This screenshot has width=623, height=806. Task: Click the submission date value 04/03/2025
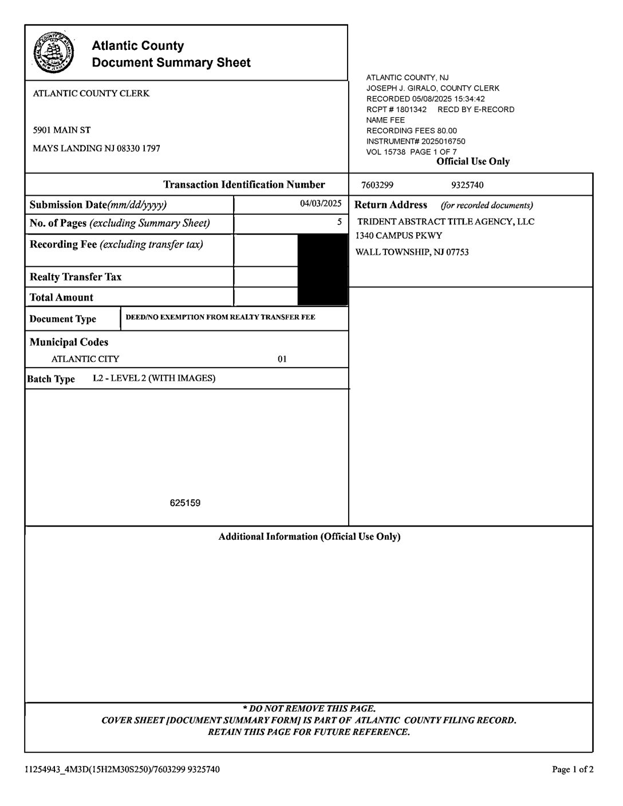[321, 203]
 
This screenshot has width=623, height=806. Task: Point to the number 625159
[185, 503]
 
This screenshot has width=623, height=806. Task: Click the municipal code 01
[282, 359]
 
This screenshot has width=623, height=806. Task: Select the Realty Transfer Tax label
[76, 277]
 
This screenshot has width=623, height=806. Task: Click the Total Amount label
[61, 298]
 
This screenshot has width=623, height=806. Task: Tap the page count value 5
[339, 222]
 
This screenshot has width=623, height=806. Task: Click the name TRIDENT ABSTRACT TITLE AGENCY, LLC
[445, 222]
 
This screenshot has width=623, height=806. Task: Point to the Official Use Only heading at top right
[473, 161]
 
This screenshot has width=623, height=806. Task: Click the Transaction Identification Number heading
[244, 184]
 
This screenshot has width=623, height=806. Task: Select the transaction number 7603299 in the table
[377, 185]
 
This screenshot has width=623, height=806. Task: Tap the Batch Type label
[51, 379]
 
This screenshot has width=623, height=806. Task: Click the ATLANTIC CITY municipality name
[85, 359]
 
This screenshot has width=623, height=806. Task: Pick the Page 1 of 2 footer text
[573, 769]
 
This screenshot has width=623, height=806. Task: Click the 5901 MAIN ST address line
[62, 130]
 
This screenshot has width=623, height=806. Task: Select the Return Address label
[391, 205]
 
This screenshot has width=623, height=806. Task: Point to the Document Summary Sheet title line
[171, 62]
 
